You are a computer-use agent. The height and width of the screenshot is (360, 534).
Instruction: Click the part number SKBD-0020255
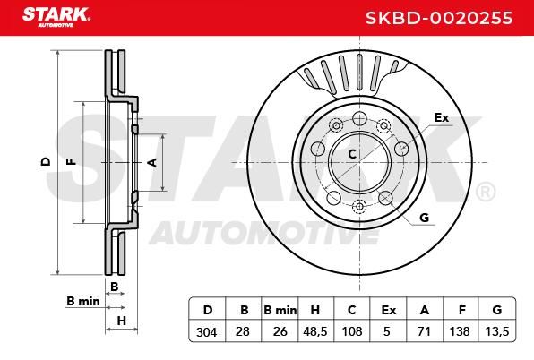click(439, 18)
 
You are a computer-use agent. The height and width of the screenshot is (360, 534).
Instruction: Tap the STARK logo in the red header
click(56, 17)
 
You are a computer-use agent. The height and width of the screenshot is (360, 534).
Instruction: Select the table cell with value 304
click(207, 331)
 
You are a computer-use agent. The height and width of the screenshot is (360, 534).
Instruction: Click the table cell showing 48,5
click(315, 331)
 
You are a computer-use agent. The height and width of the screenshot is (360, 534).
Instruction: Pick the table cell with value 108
click(352, 331)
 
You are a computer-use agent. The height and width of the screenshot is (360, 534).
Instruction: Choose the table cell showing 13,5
click(497, 331)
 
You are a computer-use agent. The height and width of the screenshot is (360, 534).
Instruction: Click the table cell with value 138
click(461, 331)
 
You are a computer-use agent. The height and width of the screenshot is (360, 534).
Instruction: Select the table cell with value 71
click(425, 331)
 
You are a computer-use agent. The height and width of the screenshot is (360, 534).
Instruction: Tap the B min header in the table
click(280, 310)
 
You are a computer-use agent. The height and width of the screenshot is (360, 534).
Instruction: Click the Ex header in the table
click(389, 310)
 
